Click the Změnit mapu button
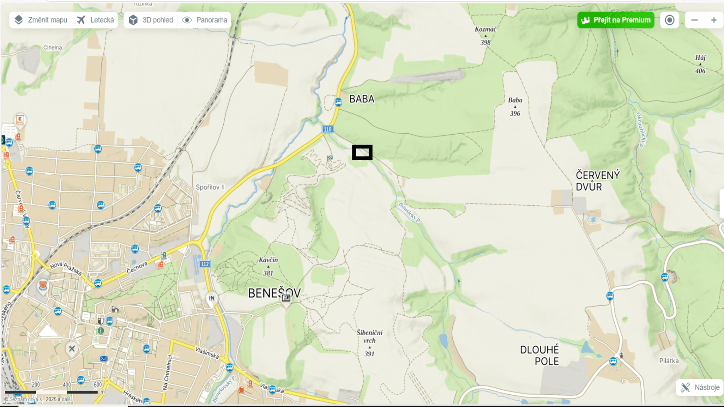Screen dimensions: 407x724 (x=41, y=20)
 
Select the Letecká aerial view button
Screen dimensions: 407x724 (x=95, y=20)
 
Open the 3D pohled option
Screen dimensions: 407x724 (x=151, y=20)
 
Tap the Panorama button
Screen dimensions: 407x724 (x=205, y=20)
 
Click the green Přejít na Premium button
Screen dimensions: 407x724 (x=615, y=20)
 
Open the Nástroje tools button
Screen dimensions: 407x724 (x=700, y=387)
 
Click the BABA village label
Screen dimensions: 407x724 (x=362, y=99)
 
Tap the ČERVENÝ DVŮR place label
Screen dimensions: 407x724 (x=597, y=181)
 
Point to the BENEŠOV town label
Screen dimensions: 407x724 (x=274, y=293)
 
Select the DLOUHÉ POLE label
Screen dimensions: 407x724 (x=540, y=355)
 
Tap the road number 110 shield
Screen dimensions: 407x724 (x=327, y=129)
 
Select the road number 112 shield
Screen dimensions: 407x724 (x=205, y=264)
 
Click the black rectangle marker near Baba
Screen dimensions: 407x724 (x=362, y=152)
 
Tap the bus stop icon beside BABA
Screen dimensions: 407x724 (x=338, y=102)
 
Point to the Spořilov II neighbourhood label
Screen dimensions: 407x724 (x=210, y=187)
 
